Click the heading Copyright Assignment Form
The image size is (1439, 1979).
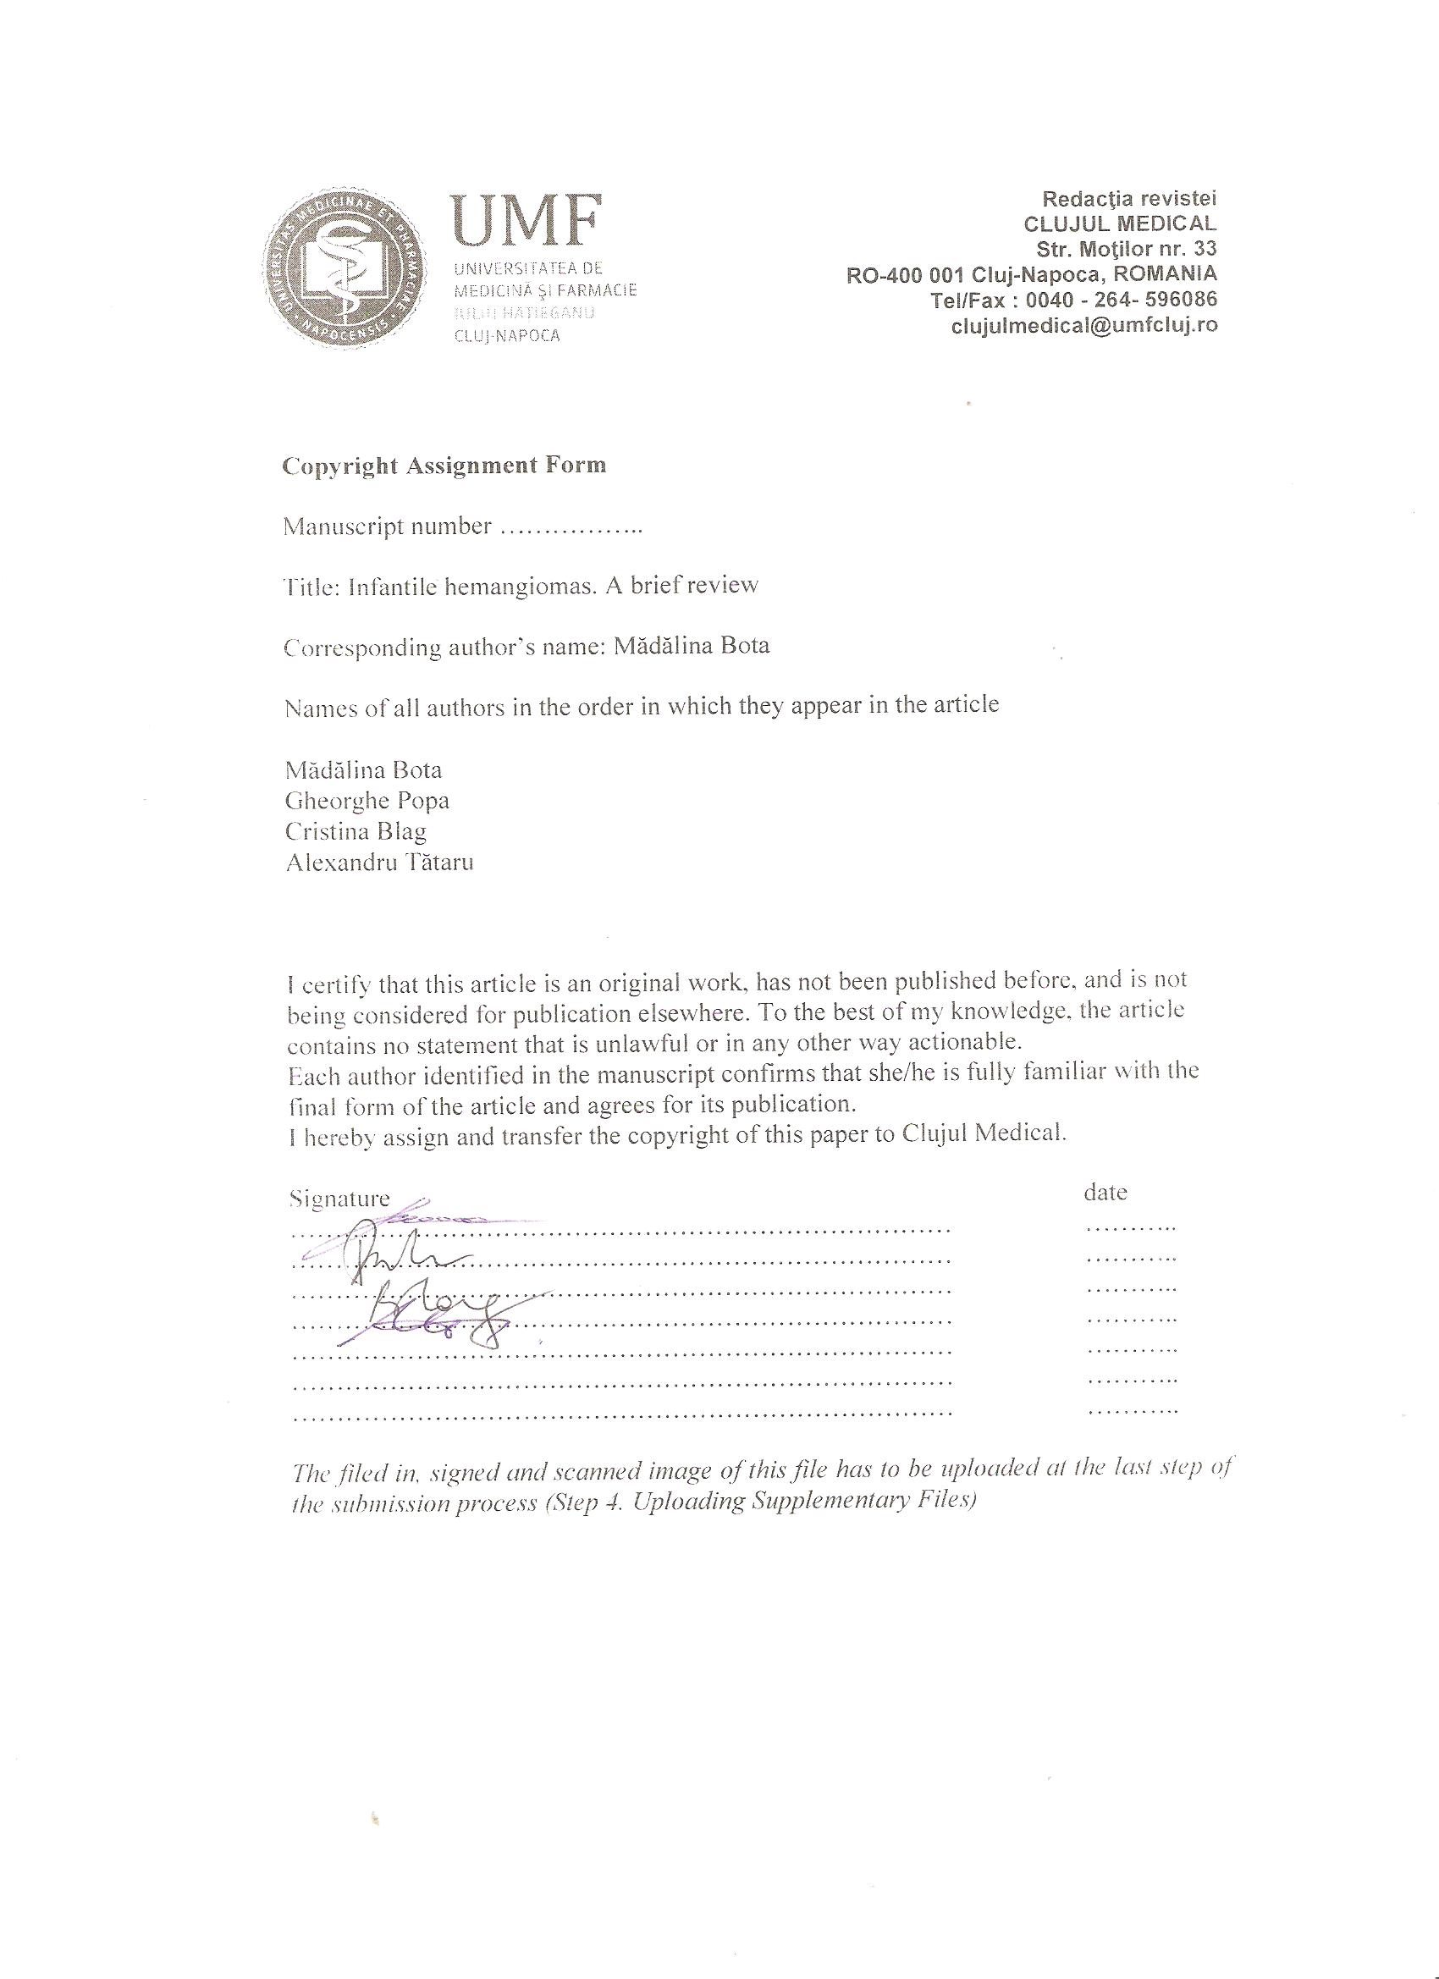click(444, 465)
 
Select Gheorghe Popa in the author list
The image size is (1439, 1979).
click(367, 800)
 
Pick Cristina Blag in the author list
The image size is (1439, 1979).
click(356, 831)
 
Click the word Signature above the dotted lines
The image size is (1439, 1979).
click(339, 1199)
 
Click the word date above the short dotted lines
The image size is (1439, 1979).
click(1105, 1192)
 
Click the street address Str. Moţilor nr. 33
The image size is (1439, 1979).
click(1127, 249)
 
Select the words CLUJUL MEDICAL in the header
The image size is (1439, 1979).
click(1120, 223)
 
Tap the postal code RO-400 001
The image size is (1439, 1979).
click(904, 275)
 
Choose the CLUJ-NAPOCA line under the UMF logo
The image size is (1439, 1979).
click(507, 336)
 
